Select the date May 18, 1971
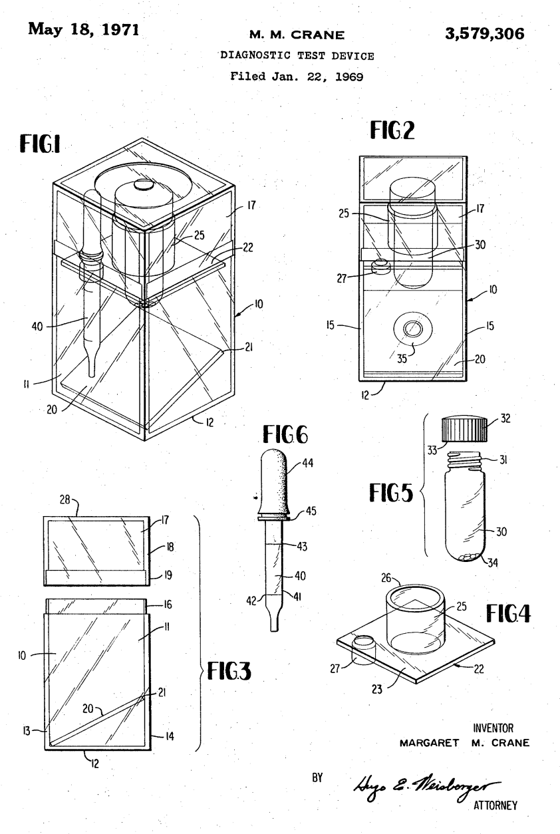pyautogui.click(x=85, y=27)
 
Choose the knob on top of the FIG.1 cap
pyautogui.click(x=142, y=187)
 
